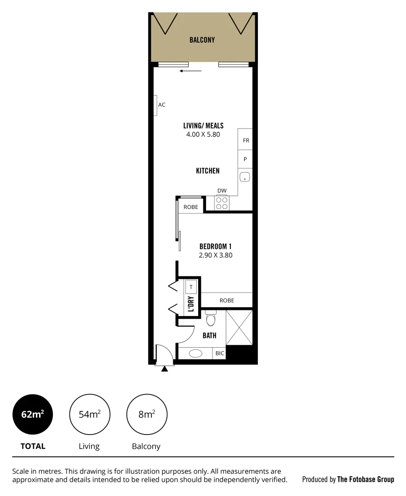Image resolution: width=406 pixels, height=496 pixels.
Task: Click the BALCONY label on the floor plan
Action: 202,40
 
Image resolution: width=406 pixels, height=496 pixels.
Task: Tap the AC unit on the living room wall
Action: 156,105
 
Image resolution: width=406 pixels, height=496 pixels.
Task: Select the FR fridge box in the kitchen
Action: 246,141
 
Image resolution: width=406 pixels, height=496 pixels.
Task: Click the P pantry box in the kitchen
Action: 246,159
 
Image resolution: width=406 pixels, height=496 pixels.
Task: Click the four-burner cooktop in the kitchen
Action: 222,203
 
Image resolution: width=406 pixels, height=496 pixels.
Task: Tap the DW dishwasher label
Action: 222,191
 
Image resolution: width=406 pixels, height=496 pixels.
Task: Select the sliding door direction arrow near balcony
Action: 191,71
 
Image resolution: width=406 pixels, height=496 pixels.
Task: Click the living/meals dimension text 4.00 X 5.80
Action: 203,135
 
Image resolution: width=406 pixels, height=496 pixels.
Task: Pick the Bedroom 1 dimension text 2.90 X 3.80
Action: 215,255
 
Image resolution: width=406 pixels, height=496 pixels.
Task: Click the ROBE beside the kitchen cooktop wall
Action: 191,207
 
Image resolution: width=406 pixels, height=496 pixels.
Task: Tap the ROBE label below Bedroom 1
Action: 227,300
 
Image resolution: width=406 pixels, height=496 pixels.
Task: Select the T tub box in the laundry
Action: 191,287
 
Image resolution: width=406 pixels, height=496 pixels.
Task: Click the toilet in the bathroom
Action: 211,318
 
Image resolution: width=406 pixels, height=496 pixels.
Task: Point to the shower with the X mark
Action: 239,327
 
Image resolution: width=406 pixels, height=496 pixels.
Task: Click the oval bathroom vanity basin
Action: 195,354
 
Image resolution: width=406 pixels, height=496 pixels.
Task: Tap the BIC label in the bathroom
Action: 219,354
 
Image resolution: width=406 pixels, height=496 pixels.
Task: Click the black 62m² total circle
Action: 33,414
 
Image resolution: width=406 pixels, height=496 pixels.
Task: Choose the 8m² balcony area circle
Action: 147,414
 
